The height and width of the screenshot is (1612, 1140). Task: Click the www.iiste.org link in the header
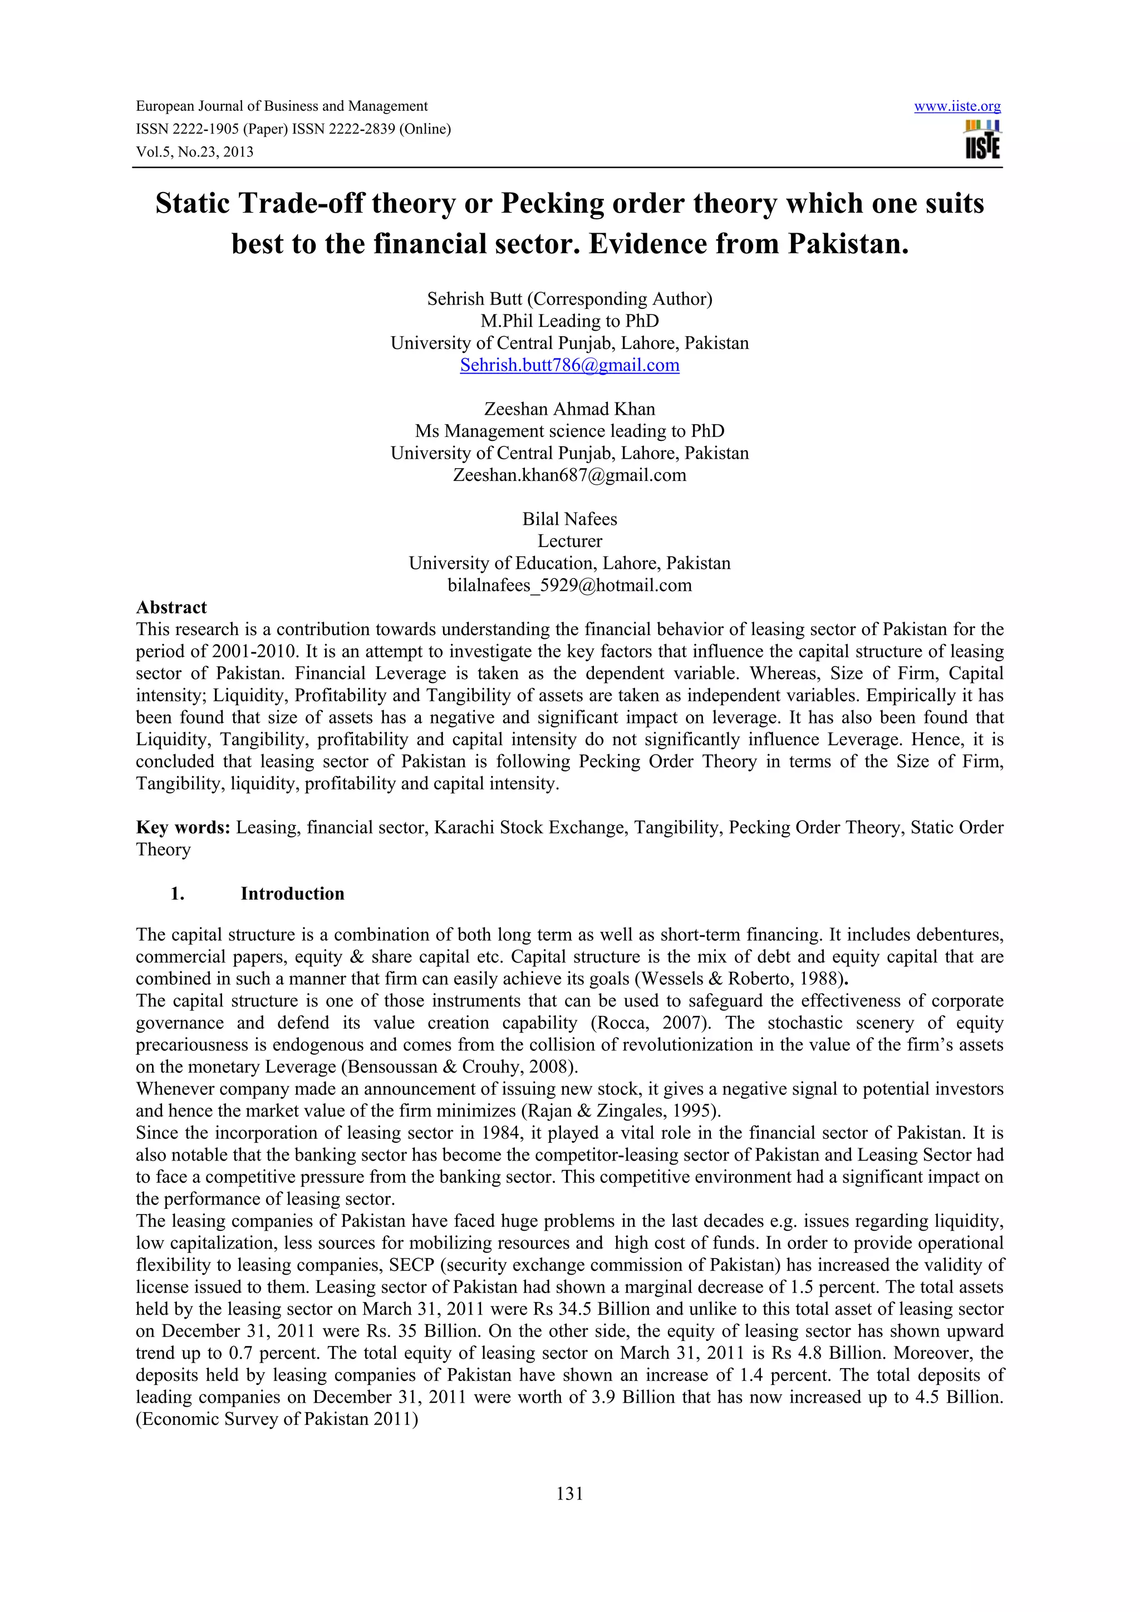(x=957, y=106)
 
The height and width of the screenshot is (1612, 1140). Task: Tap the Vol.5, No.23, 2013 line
(x=194, y=151)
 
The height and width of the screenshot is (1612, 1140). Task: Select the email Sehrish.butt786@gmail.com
(x=569, y=365)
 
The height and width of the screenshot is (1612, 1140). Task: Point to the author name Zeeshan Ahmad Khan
(x=569, y=409)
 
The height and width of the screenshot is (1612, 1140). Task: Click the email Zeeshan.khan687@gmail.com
(x=569, y=475)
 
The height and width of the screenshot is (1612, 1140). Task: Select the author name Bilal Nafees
(x=569, y=519)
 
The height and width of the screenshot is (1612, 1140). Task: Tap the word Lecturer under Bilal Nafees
(x=569, y=540)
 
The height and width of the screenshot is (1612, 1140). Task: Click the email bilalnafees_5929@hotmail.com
(x=569, y=585)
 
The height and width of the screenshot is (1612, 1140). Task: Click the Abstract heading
(x=171, y=607)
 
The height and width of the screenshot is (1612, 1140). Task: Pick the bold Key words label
(x=183, y=827)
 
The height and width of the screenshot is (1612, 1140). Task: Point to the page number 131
(x=569, y=1494)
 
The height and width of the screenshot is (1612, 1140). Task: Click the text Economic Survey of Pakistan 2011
(x=277, y=1419)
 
